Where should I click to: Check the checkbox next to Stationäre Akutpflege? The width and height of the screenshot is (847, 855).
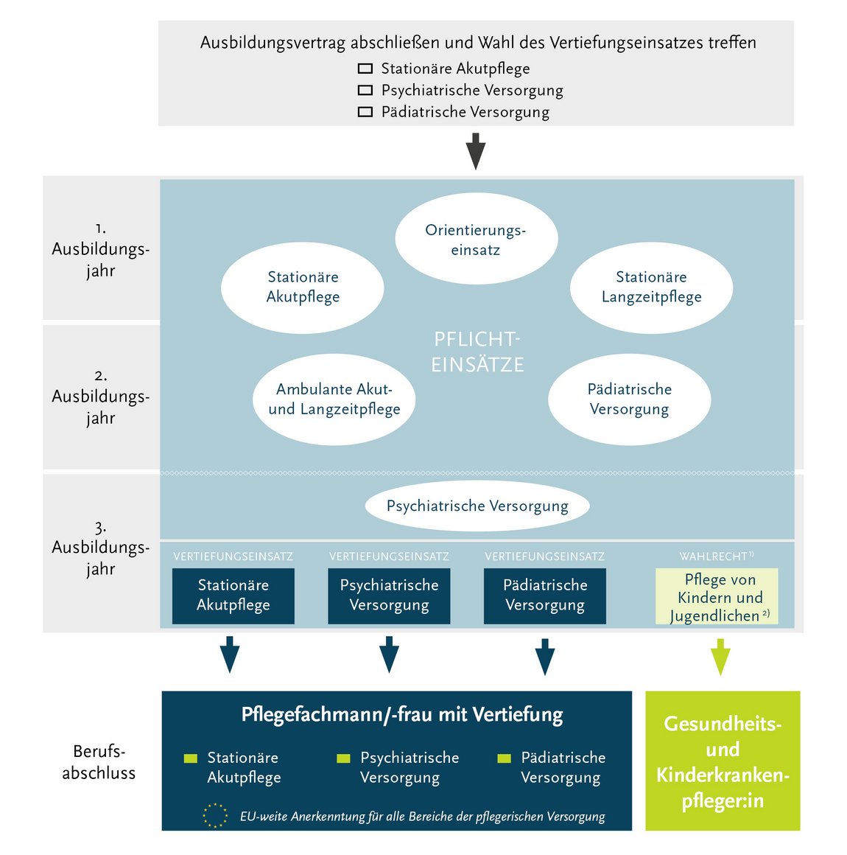click(365, 69)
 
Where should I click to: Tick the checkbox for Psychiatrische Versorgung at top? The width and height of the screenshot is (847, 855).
click(365, 90)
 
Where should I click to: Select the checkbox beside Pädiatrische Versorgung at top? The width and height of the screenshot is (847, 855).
click(365, 112)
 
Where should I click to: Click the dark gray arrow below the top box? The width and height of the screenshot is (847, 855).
click(476, 150)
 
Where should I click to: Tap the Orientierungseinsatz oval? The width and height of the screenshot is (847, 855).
click(476, 239)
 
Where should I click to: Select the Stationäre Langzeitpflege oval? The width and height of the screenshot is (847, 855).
click(651, 287)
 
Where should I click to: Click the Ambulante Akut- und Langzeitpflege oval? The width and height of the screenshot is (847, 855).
click(334, 399)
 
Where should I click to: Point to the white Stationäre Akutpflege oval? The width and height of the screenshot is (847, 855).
click(303, 287)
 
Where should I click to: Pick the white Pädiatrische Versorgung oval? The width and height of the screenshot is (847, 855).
click(629, 399)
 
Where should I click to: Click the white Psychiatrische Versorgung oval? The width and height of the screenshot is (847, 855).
click(477, 506)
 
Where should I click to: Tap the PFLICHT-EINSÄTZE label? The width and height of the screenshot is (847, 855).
click(477, 352)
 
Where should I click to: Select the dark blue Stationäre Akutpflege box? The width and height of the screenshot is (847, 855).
click(233, 596)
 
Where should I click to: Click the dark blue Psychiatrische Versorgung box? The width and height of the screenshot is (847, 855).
click(389, 596)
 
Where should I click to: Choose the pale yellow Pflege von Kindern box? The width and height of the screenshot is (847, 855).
click(717, 596)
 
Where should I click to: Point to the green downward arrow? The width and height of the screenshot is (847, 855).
click(720, 656)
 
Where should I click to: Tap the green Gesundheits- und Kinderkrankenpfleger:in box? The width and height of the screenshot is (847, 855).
click(723, 761)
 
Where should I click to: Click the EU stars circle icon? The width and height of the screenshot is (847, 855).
click(215, 815)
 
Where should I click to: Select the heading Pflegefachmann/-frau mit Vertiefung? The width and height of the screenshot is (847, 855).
click(402, 714)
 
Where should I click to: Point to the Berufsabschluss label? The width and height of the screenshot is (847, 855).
click(99, 762)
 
